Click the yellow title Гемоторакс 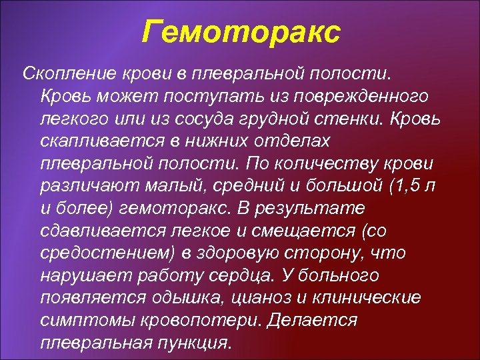pos(241,31)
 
